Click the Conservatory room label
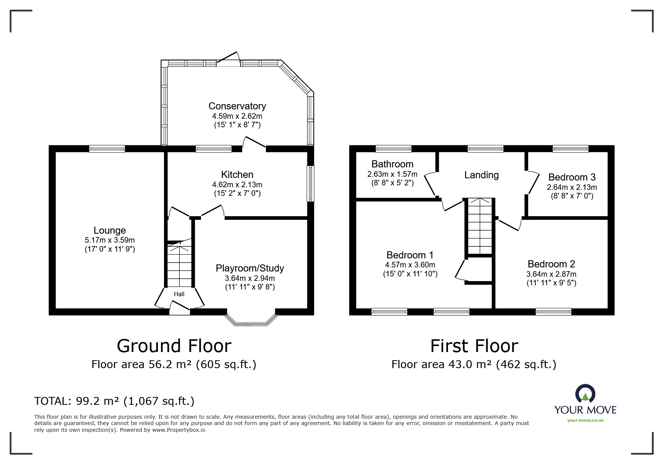click(237, 106)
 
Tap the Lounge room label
click(110, 230)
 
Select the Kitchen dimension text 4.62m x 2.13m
click(237, 185)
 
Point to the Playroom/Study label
click(250, 268)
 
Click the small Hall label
click(179, 294)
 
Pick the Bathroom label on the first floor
click(392, 164)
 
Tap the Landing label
click(481, 175)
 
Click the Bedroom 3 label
click(572, 177)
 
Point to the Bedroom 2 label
click(551, 264)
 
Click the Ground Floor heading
click(174, 346)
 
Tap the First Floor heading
click(474, 346)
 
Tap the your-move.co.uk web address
click(586, 420)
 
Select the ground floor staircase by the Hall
click(180, 264)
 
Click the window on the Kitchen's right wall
click(310, 184)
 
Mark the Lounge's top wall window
click(107, 149)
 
